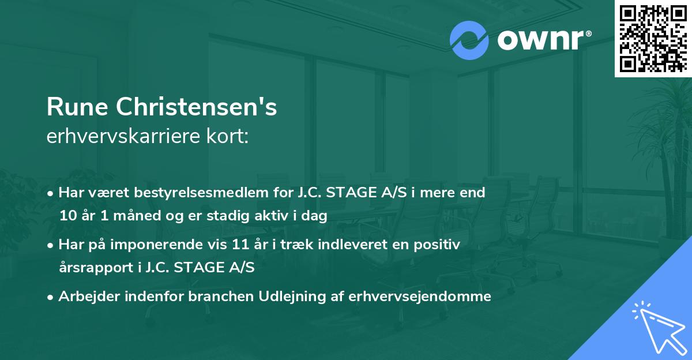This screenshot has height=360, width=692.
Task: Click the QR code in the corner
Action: click(x=653, y=38)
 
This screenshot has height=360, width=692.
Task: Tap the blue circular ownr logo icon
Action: click(x=469, y=40)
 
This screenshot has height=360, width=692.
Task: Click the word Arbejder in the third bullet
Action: click(x=85, y=297)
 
